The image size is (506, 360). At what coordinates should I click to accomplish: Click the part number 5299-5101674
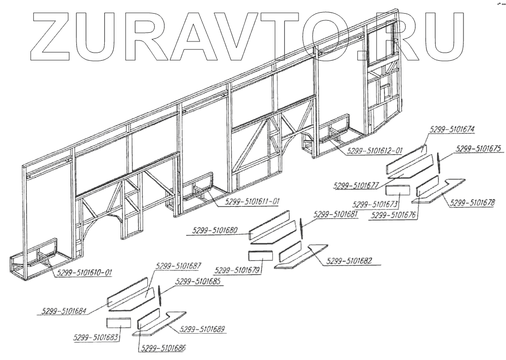(x=452, y=129)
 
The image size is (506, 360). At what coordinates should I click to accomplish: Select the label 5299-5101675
(x=478, y=149)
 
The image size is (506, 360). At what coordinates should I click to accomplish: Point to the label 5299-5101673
(x=376, y=205)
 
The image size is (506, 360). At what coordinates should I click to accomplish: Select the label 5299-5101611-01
(x=247, y=201)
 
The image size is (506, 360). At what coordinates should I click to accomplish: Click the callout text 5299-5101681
(x=335, y=214)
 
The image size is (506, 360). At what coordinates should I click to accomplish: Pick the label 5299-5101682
(x=350, y=261)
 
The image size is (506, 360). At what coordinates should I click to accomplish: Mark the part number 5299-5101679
(x=238, y=269)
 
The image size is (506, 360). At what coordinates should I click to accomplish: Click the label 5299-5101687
(x=179, y=265)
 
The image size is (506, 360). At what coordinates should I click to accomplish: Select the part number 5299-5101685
(x=198, y=282)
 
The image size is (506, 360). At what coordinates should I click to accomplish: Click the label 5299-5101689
(x=202, y=329)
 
